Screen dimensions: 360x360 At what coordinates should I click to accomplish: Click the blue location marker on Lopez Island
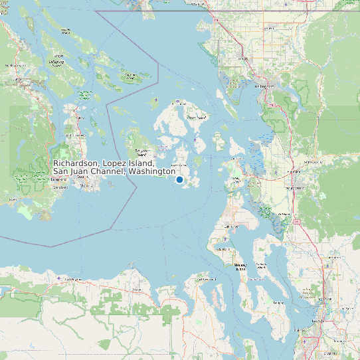[x=179, y=180]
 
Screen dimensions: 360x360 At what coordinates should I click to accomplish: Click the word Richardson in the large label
[x=76, y=163]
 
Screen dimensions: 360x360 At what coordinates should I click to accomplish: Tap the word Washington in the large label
[x=151, y=171]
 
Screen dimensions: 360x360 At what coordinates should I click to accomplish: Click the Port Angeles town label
[x=70, y=280]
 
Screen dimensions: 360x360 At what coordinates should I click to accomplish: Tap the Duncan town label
[x=15, y=66]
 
